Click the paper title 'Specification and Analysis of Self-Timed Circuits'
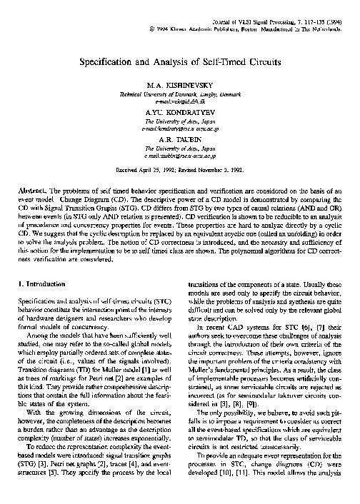pos(180,62)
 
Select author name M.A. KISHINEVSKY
pos(180,86)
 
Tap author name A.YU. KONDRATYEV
pos(180,113)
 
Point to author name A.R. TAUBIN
pos(180,139)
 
